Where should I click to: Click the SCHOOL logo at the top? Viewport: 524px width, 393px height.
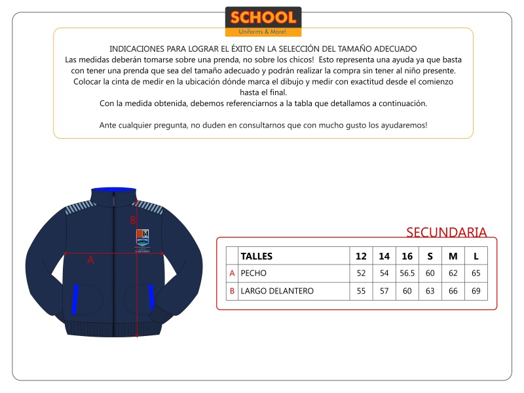(x=263, y=21)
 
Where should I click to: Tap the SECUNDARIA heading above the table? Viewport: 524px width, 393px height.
(x=446, y=233)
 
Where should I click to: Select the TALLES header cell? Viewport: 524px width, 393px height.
(x=257, y=256)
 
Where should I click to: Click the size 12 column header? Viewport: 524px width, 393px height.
(x=361, y=256)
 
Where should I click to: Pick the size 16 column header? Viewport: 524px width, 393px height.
(x=407, y=256)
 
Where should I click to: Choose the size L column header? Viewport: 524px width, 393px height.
(x=476, y=256)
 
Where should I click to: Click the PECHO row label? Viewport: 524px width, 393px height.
(x=253, y=273)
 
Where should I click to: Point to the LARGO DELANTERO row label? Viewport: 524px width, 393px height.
(x=277, y=291)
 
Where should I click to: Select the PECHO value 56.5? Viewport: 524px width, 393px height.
(x=407, y=273)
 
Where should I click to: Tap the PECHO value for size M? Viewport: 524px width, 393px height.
(x=453, y=273)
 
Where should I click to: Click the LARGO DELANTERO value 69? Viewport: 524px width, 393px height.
(x=476, y=291)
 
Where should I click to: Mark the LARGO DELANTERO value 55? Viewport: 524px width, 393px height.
(x=361, y=291)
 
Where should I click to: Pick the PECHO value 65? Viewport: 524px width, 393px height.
(x=476, y=273)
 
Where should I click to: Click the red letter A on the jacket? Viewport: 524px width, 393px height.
(x=90, y=260)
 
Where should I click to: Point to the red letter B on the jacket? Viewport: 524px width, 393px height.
(x=132, y=220)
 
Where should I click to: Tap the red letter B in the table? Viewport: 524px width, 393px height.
(x=232, y=291)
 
